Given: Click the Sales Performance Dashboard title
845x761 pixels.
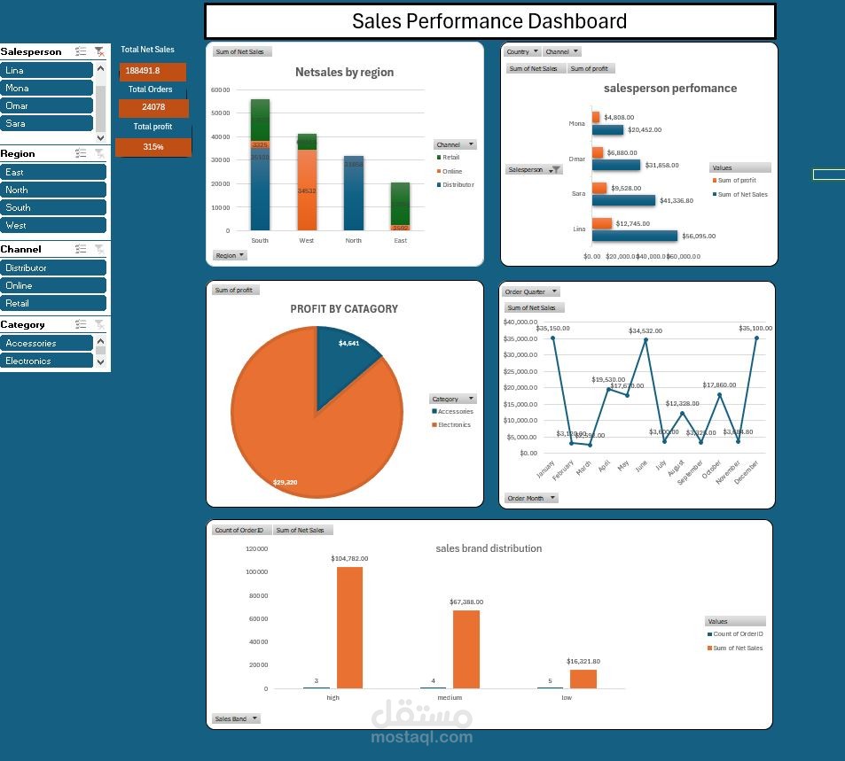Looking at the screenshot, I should tap(489, 21).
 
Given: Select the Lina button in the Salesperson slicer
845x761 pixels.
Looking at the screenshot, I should tap(47, 70).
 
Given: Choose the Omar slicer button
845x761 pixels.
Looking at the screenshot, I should tap(47, 105).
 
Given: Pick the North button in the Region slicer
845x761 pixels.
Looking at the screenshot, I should tap(53, 190).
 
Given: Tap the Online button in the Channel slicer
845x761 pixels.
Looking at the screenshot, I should tap(53, 285).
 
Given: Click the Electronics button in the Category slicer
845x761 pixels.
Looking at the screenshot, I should tap(47, 361).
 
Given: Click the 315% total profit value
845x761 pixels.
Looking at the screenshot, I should tap(153, 147).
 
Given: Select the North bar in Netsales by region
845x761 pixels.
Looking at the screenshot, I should tap(353, 193).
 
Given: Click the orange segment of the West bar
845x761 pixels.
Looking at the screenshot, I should tap(307, 190).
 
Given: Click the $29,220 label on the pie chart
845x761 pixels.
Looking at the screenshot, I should tap(285, 482).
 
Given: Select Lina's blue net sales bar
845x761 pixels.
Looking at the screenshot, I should tap(635, 236).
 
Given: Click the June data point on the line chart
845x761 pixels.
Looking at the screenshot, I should tap(645, 339).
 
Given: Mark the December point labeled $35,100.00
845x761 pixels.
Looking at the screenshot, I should tap(756, 338).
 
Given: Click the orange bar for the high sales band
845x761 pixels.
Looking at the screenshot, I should tap(349, 627).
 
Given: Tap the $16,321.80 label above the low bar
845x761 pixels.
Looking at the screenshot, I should tap(583, 661).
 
